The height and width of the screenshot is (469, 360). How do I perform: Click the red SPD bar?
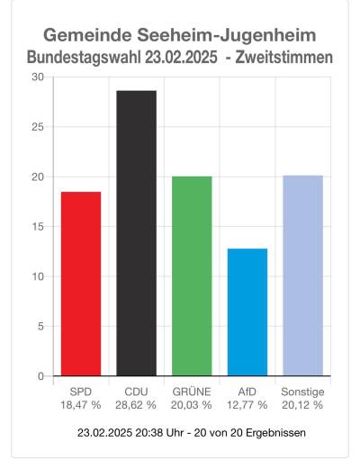[x=81, y=284]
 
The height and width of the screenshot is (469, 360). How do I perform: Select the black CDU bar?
[x=136, y=233]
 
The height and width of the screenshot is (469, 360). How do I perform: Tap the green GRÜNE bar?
[x=192, y=275]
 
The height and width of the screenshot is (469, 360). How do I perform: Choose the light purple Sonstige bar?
[x=302, y=275]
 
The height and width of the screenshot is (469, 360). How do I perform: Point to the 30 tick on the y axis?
[x=37, y=77]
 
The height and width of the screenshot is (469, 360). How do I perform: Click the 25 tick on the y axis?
[x=37, y=127]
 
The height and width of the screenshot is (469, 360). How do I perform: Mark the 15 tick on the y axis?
[x=37, y=227]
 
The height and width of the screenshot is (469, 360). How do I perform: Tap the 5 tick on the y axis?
[x=40, y=326]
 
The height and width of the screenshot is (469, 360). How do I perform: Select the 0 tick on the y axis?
[x=40, y=376]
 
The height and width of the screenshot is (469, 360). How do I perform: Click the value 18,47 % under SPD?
[x=81, y=406]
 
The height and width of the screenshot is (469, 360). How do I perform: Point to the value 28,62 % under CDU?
[x=136, y=406]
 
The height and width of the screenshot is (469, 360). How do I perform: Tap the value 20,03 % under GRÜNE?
[x=192, y=406]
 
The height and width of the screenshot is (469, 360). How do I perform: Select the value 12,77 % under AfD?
[x=247, y=406]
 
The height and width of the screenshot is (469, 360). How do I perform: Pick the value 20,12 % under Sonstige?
[x=302, y=406]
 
